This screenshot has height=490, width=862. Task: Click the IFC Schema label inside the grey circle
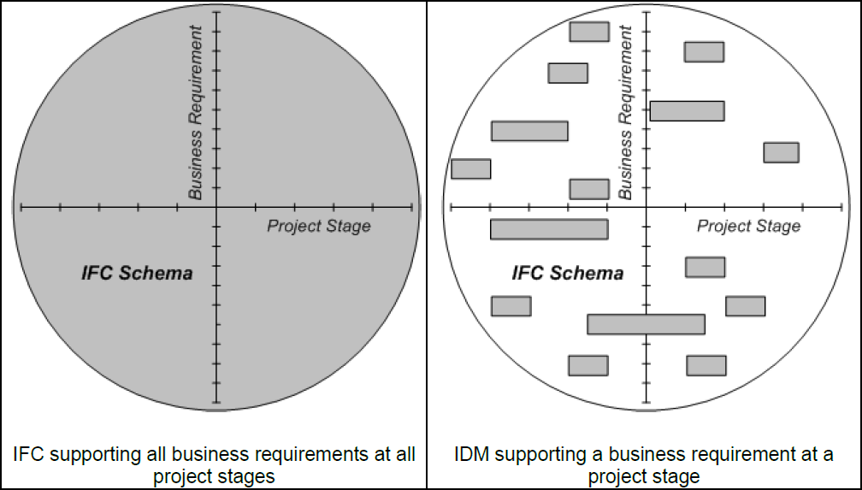pyautogui.click(x=137, y=274)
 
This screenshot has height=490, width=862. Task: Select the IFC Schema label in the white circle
pyautogui.click(x=567, y=274)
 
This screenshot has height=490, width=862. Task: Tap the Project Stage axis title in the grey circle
pyautogui.click(x=319, y=227)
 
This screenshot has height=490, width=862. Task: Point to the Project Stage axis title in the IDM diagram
pyautogui.click(x=748, y=227)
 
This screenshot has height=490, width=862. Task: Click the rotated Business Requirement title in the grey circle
pyautogui.click(x=196, y=112)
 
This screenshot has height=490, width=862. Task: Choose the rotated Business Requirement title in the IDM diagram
pyautogui.click(x=626, y=112)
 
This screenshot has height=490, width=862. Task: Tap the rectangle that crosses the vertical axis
pyautogui.click(x=646, y=324)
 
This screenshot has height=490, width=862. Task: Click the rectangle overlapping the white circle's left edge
pyautogui.click(x=470, y=168)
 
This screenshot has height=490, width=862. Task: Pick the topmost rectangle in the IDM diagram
pyautogui.click(x=589, y=32)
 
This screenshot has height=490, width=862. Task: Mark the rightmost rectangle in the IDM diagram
pyautogui.click(x=781, y=152)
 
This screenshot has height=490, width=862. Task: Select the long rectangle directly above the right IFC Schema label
pyautogui.click(x=549, y=229)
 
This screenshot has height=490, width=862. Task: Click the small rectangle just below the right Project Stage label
pyautogui.click(x=705, y=267)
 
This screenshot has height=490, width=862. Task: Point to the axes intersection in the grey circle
pyautogui.click(x=217, y=207)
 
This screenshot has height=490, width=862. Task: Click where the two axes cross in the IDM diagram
pyautogui.click(x=646, y=207)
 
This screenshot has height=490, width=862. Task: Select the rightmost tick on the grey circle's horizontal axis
pyautogui.click(x=411, y=207)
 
